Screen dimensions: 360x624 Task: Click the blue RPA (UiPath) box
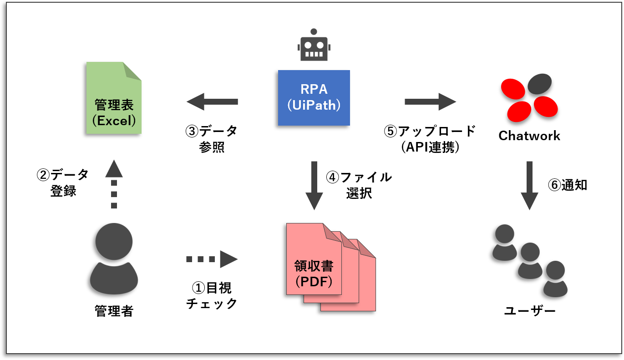(314, 97)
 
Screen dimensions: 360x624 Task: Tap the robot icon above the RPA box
(313, 45)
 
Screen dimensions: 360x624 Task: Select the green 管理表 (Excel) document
(114, 98)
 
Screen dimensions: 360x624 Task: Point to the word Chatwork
(529, 136)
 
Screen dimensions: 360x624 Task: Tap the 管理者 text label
(114, 311)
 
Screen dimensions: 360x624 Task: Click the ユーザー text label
(530, 311)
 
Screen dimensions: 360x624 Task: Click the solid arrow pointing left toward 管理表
(212, 101)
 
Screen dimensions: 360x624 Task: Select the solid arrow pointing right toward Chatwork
(430, 101)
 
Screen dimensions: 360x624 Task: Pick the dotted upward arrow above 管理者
(114, 184)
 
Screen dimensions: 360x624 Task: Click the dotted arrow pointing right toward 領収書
(212, 259)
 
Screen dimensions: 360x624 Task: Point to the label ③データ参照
(212, 139)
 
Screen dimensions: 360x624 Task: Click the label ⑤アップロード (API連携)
(430, 139)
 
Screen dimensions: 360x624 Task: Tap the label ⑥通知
(568, 185)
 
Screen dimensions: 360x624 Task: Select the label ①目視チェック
(212, 295)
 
